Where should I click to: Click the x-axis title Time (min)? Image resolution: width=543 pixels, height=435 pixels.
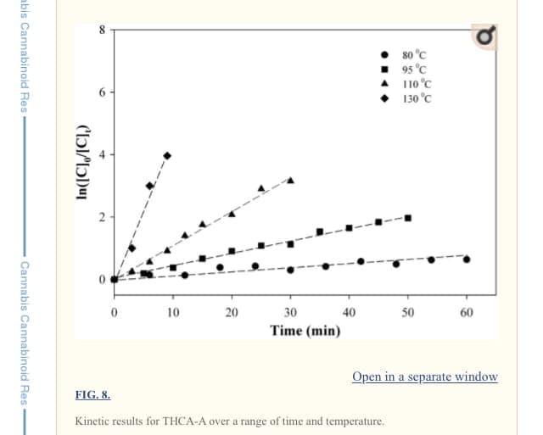(x=305, y=331)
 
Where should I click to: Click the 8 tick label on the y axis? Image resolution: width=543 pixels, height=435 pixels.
(x=103, y=30)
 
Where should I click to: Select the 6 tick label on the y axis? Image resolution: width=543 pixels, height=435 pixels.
(x=103, y=92)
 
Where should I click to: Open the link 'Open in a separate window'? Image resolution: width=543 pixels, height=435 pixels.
(x=425, y=376)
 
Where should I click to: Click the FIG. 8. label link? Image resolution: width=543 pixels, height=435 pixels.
(x=92, y=394)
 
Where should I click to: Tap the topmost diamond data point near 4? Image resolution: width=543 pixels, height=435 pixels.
(x=167, y=155)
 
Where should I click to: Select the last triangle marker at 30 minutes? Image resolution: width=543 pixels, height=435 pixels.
(x=290, y=180)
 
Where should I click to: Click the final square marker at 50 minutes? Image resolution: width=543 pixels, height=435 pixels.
(x=408, y=218)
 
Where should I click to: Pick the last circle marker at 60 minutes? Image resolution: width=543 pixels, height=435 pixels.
(x=467, y=259)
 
